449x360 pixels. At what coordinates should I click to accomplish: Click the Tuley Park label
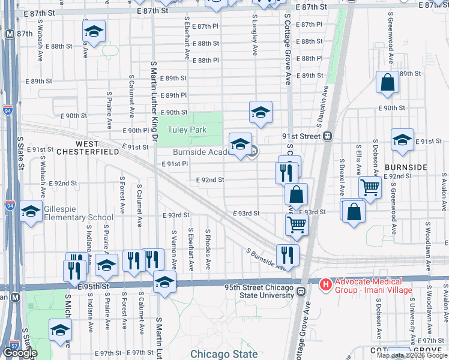[x=187, y=130]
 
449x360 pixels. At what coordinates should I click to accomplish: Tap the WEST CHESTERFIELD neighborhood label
[x=96, y=148]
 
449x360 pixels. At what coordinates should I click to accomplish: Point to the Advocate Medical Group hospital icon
[x=325, y=283]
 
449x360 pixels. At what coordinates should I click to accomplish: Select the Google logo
[x=20, y=353]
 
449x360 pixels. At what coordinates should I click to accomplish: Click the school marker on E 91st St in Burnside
[x=402, y=140]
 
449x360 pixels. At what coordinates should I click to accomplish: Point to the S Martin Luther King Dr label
[x=154, y=103]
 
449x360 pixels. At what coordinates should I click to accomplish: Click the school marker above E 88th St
[x=94, y=31]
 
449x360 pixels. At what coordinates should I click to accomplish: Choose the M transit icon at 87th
[x=9, y=35]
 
